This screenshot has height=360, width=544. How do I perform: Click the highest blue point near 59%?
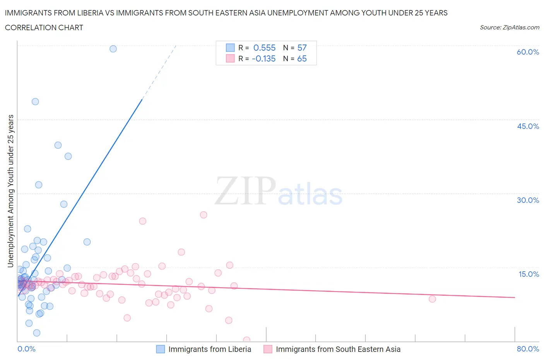pos(113,49)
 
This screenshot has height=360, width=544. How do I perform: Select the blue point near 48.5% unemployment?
pos(35,102)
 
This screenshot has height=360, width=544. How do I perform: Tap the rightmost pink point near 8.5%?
pos(432,299)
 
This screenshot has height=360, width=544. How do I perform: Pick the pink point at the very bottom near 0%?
pos(246,340)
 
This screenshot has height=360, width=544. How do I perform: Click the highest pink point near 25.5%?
pos(204,215)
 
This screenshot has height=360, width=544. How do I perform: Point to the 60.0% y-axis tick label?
pos(528,52)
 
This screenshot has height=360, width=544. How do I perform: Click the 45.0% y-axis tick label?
pos(528,127)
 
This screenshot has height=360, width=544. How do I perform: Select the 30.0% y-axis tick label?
pos(528,201)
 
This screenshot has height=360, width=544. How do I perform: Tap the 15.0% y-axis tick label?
pos(529,274)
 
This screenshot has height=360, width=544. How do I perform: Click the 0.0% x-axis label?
pos(27,349)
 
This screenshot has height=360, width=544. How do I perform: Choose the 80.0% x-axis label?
pos(528,349)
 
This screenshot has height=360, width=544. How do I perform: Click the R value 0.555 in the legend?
pos(264,48)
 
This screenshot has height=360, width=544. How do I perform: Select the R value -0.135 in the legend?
pos(263,59)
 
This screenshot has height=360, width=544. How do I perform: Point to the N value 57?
pos(302,48)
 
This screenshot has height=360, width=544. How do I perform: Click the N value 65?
pos(302,59)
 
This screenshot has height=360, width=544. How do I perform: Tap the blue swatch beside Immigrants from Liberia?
pos(161,349)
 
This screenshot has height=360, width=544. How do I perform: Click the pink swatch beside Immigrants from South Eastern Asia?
pos(268,349)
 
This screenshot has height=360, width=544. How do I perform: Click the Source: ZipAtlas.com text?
pos(509,27)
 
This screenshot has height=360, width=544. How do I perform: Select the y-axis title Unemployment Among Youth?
pos(11,191)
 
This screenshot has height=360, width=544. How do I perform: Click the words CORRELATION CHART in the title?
pos(44,28)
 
